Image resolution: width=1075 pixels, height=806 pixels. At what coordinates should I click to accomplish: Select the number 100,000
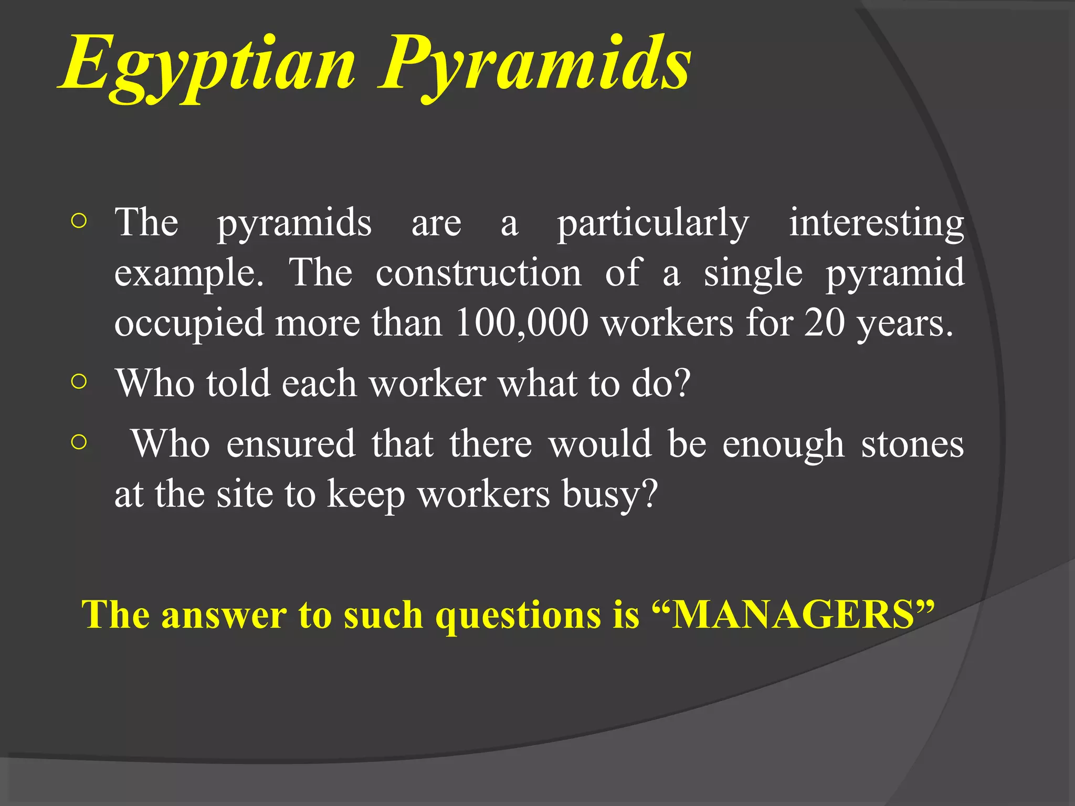[x=522, y=322]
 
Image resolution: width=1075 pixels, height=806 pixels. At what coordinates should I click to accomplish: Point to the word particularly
[x=653, y=224]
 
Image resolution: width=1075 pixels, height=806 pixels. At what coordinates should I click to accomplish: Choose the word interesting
[x=877, y=224]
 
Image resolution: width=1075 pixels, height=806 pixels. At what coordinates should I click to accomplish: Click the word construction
[x=478, y=273]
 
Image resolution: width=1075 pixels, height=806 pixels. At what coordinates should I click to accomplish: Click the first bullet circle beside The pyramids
[x=78, y=221]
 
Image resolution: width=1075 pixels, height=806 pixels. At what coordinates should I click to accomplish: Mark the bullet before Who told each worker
[x=78, y=381]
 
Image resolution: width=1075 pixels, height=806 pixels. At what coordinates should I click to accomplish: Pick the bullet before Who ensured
[x=78, y=442]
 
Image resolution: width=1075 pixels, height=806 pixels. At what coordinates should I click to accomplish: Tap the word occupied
[x=189, y=323]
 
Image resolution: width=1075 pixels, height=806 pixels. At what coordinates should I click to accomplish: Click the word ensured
[x=291, y=444]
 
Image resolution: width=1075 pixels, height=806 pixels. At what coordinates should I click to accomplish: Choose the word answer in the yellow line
[x=224, y=615]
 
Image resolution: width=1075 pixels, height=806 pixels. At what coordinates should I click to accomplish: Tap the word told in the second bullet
[x=238, y=383]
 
